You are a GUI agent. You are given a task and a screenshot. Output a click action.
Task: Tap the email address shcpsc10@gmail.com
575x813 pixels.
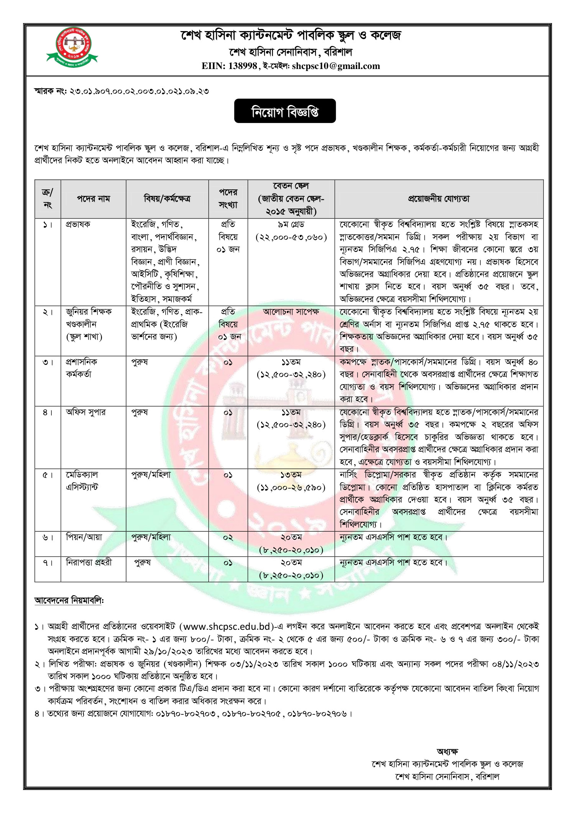[x=336, y=66]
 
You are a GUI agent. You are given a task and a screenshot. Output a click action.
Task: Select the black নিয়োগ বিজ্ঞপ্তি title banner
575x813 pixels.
[x=285, y=111]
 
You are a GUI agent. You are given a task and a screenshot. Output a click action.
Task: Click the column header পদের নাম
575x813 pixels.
[x=93, y=199]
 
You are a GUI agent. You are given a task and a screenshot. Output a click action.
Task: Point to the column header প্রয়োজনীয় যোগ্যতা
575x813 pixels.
[x=439, y=199]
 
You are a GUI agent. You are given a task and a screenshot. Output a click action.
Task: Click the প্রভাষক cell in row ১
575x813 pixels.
[x=78, y=224]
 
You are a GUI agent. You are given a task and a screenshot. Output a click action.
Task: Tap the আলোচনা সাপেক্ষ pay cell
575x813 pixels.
[x=291, y=312]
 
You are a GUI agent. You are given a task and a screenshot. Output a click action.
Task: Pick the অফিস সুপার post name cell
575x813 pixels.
[x=85, y=412]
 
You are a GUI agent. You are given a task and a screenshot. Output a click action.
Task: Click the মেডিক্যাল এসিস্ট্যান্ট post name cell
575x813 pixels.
[x=82, y=481]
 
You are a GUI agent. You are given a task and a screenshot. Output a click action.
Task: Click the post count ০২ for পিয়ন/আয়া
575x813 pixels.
[x=228, y=537]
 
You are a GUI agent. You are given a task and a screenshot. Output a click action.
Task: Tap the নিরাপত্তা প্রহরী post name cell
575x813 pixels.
[x=89, y=562]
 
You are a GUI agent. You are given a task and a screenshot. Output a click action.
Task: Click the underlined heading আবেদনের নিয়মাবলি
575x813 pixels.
[x=69, y=601]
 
